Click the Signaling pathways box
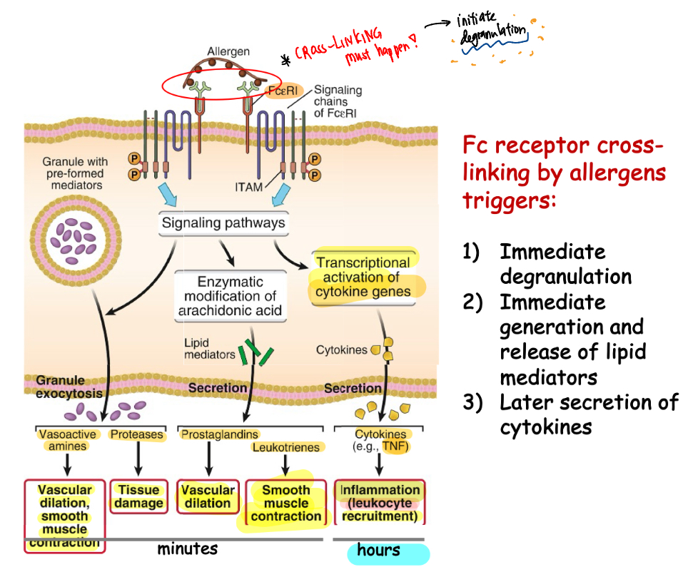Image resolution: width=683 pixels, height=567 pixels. click(223, 223)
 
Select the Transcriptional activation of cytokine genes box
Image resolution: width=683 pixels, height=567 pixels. click(363, 277)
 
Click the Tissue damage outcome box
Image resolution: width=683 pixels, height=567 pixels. click(138, 496)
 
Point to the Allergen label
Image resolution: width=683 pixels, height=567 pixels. click(229, 51)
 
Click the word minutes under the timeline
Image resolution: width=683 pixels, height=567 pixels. click(188, 549)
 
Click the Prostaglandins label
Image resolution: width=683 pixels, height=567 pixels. click(220, 434)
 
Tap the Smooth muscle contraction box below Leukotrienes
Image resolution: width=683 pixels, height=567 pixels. click(285, 504)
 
